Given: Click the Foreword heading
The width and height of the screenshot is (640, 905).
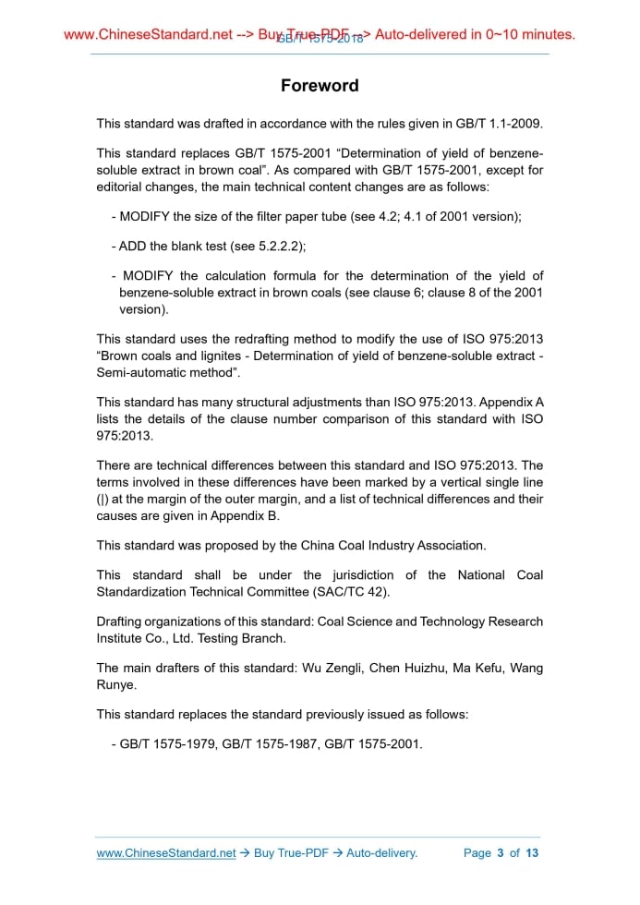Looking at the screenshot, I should [x=320, y=86].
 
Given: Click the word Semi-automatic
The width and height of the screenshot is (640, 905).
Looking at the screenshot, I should [x=139, y=372].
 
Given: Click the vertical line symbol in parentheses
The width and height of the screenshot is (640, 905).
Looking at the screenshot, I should [x=103, y=500].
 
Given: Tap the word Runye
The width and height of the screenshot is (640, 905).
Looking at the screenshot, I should [x=115, y=683].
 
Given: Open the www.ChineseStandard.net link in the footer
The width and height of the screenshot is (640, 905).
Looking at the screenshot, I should [x=166, y=852].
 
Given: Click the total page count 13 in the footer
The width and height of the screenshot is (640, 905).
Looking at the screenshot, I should [x=532, y=852].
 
